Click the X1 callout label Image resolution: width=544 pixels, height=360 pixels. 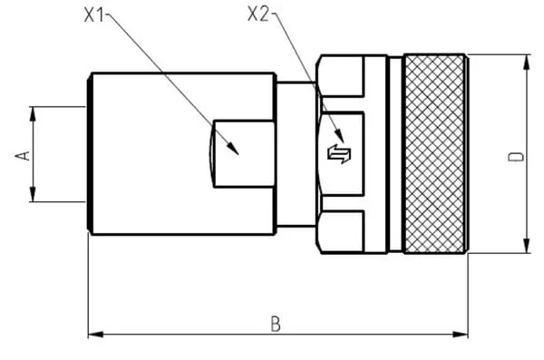(94, 15)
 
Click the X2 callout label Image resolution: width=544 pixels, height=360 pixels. (258, 15)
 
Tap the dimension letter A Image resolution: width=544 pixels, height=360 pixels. (23, 156)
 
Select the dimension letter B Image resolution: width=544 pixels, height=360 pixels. (276, 324)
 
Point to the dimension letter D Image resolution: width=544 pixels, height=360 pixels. (516, 157)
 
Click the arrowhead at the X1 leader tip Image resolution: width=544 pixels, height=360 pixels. (234, 149)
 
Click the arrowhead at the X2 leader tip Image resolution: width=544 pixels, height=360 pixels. (340, 135)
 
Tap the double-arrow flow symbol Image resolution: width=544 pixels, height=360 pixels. (339, 154)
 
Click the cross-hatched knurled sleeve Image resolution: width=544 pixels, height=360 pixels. (434, 154)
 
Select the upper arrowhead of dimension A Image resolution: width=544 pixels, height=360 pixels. (33, 114)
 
